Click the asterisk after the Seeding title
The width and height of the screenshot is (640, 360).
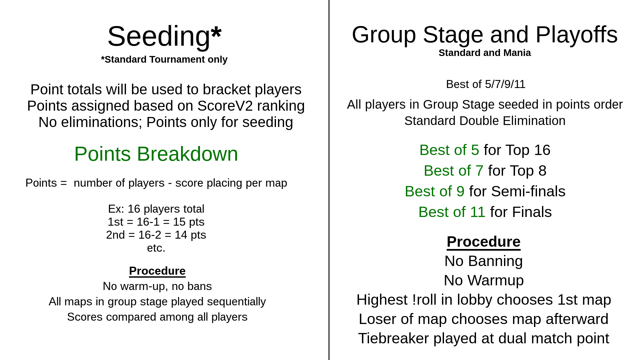click(216, 32)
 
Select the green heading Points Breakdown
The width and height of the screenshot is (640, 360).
click(156, 154)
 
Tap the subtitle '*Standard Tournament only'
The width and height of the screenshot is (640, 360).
click(164, 59)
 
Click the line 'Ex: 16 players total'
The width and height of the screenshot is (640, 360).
click(156, 209)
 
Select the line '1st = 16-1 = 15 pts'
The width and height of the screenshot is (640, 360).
click(156, 222)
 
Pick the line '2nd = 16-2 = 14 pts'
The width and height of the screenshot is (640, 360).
click(156, 235)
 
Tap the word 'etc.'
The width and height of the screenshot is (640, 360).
click(156, 248)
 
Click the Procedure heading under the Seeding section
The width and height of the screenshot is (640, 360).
click(157, 271)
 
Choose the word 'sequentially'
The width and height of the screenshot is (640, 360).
click(236, 302)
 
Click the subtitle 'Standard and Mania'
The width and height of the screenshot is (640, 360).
click(485, 53)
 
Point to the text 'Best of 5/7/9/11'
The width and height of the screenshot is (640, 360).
click(486, 84)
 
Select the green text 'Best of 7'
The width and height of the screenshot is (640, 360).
click(453, 171)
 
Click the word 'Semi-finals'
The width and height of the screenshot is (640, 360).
click(528, 191)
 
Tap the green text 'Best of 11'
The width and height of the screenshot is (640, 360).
click(452, 212)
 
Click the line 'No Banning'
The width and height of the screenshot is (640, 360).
click(484, 261)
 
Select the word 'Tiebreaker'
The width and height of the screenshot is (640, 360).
click(393, 338)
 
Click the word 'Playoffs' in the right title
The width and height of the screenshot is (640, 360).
click(577, 35)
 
